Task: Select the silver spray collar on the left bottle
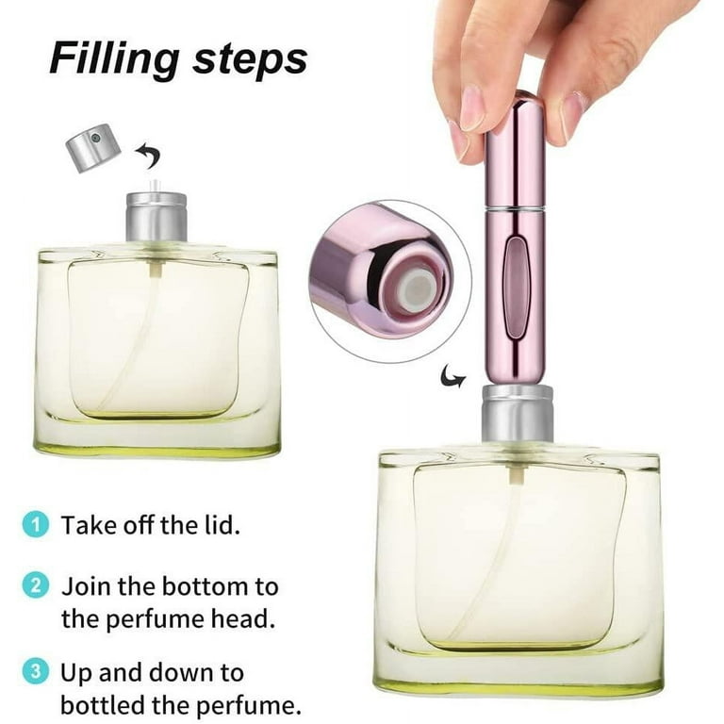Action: tap(156, 215)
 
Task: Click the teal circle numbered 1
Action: tap(36, 525)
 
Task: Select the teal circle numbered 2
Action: tap(36, 585)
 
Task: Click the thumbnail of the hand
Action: tap(470, 107)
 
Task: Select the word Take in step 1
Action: tap(88, 525)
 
